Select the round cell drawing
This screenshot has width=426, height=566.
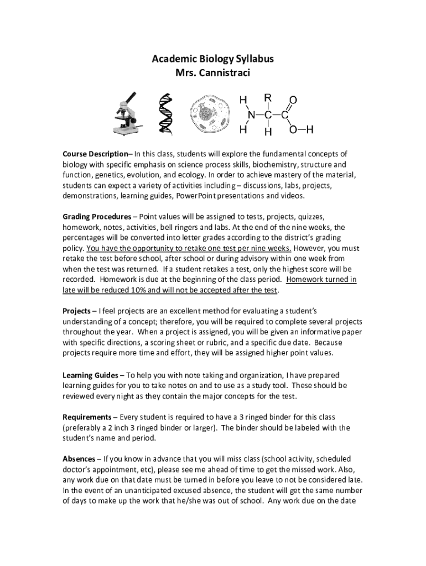tap(209, 114)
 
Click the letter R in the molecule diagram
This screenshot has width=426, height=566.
tap(268, 98)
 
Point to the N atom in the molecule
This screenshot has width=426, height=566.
tap(252, 115)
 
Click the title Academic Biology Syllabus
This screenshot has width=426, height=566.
tap(213, 59)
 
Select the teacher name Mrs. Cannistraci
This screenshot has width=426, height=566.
tap(213, 72)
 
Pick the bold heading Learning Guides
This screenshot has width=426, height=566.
tap(90, 374)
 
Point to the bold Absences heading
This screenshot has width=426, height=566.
tap(80, 459)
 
